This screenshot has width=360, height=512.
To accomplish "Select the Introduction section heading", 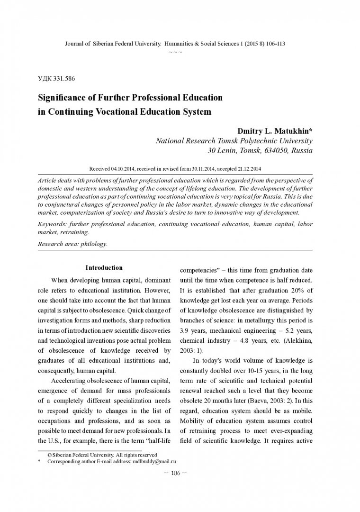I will tap(104, 268).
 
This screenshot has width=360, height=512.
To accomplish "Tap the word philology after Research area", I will tap(95, 244).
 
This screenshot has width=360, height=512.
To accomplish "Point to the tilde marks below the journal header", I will tap(175, 52).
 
